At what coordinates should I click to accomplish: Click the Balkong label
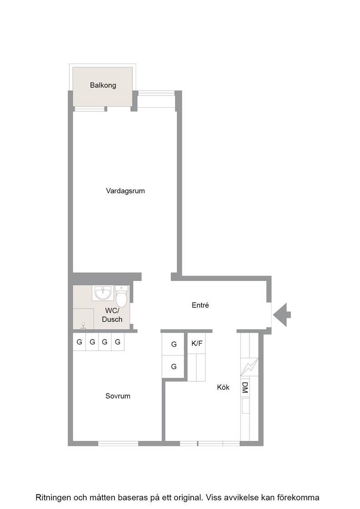tap(103, 85)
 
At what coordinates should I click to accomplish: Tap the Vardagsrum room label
tap(125, 191)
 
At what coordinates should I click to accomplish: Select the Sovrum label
tap(118, 396)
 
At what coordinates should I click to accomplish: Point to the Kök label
tap(223, 387)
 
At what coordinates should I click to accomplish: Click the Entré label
tap(200, 305)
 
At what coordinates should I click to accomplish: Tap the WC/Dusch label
tap(112, 315)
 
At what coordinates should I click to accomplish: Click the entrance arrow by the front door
tap(282, 314)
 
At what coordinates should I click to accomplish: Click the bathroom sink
tap(103, 293)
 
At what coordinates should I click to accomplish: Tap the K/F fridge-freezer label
tap(197, 343)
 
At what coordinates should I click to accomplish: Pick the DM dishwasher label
tap(245, 387)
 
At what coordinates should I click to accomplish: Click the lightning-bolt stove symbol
tap(249, 367)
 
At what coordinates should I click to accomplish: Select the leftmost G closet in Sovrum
tap(79, 342)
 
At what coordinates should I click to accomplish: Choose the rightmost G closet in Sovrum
tap(118, 342)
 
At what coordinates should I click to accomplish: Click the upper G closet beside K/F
tap(174, 344)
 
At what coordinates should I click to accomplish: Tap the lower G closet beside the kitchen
tap(174, 366)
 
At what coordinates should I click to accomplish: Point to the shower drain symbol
tap(84, 325)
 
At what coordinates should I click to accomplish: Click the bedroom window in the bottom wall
tap(118, 444)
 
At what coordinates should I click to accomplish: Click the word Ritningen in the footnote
tap(53, 498)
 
